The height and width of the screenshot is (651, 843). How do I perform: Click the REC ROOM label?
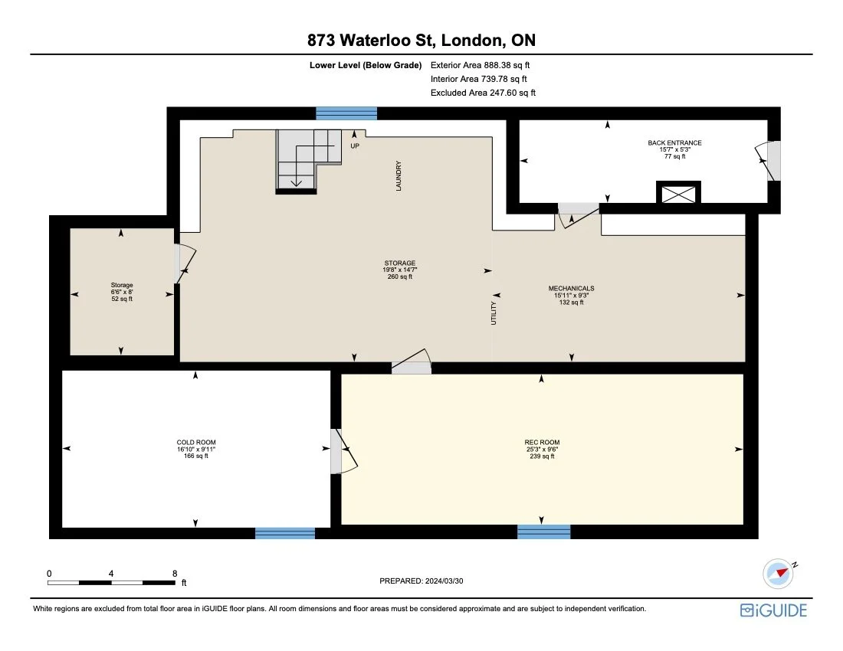pos(541,443)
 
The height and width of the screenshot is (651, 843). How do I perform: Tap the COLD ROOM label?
pos(191,443)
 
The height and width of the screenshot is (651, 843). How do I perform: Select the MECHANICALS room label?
pos(571,289)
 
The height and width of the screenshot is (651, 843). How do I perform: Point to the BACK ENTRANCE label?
pos(674,143)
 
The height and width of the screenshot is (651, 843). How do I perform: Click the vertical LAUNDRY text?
pos(399,175)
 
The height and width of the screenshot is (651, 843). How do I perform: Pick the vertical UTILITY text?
pos(494,315)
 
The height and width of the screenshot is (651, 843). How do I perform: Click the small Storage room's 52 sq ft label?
pos(121,299)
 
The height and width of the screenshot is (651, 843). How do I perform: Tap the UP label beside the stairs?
pos(354,146)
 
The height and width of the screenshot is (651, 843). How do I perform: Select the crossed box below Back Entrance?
pos(678,193)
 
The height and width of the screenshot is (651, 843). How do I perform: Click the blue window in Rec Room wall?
pos(543,532)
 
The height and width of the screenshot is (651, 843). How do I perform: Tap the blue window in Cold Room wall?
pos(284,533)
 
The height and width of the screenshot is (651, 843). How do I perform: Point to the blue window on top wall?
pos(346,113)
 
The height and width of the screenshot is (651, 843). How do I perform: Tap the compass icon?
pos(777,572)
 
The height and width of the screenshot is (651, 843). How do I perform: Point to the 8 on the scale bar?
pos(175,573)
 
